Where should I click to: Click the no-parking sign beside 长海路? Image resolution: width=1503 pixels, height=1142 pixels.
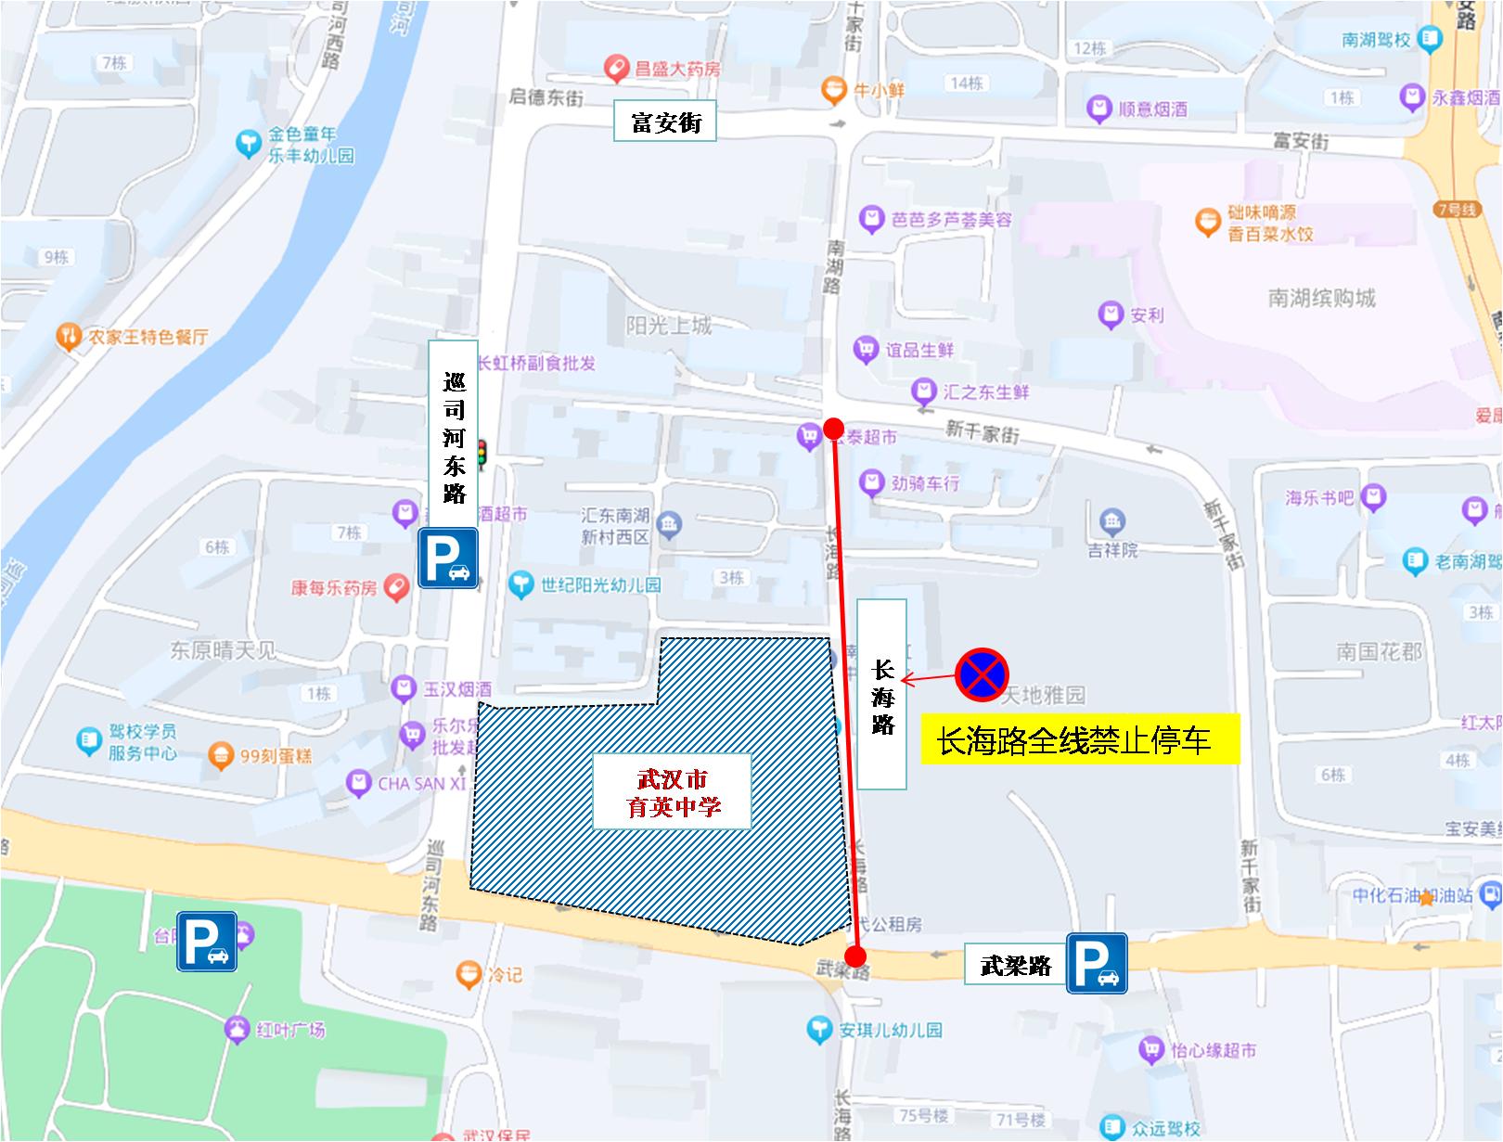(x=983, y=674)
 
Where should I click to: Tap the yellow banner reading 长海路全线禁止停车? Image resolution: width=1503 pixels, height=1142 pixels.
(x=1080, y=739)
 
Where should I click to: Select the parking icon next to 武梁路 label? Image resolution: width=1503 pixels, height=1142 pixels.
(x=1097, y=963)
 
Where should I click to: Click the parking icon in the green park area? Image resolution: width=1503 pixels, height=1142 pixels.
(x=207, y=942)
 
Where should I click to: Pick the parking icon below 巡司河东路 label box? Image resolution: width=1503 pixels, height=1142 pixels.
(x=448, y=558)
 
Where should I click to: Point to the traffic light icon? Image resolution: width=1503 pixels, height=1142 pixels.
(x=482, y=454)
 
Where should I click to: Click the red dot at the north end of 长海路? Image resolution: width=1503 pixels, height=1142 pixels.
(x=833, y=429)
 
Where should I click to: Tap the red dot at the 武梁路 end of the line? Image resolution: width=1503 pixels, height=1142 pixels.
(x=855, y=956)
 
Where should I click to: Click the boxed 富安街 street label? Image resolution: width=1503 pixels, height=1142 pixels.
(x=665, y=122)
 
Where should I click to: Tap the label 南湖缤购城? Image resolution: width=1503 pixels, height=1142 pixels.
(x=1322, y=299)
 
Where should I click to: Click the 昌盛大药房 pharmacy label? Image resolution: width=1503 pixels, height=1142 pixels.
(x=677, y=69)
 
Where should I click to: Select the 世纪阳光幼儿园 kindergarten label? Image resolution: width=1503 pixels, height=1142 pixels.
(x=600, y=584)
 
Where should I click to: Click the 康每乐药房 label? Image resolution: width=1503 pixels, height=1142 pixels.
(x=334, y=588)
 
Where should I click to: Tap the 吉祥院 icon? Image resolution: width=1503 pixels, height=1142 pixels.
(x=1112, y=521)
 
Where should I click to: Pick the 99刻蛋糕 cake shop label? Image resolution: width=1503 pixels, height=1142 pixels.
(x=276, y=756)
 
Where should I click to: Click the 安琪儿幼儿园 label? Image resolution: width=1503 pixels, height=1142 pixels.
(x=891, y=1030)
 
